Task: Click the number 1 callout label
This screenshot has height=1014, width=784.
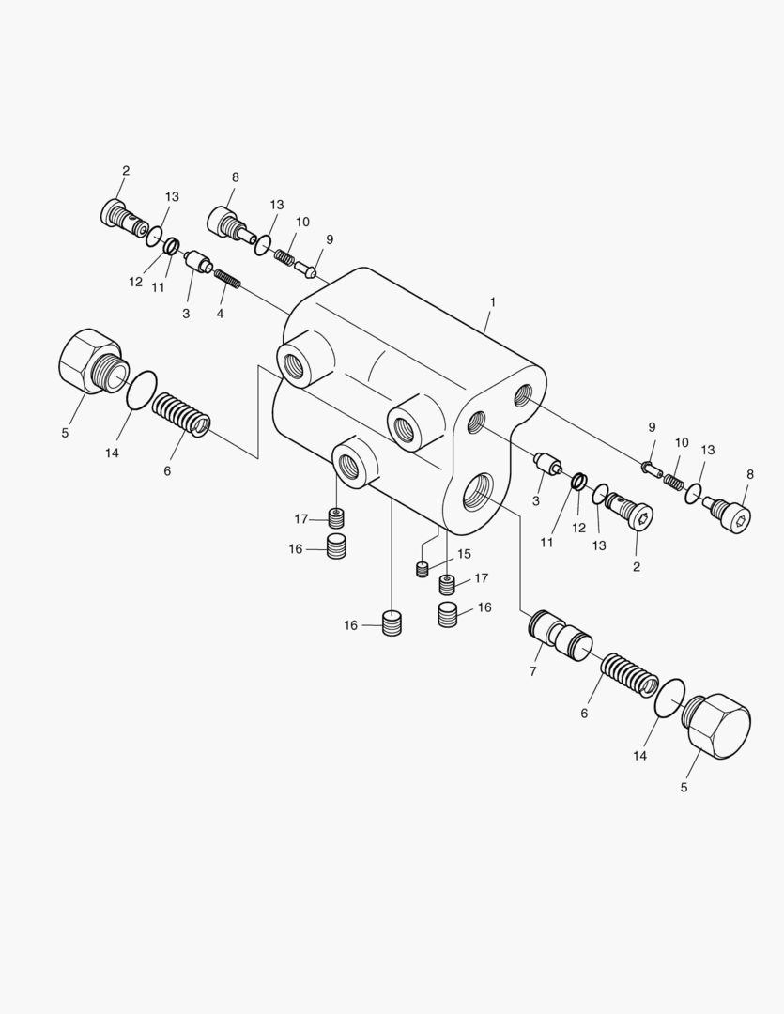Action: coord(492,302)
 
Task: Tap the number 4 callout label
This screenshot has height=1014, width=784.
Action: coord(220,314)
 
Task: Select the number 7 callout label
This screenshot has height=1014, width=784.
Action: coord(533,671)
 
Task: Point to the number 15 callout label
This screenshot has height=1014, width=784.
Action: coord(464,554)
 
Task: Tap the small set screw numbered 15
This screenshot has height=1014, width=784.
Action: coord(422,569)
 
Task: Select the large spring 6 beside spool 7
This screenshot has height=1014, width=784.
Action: coord(630,674)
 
